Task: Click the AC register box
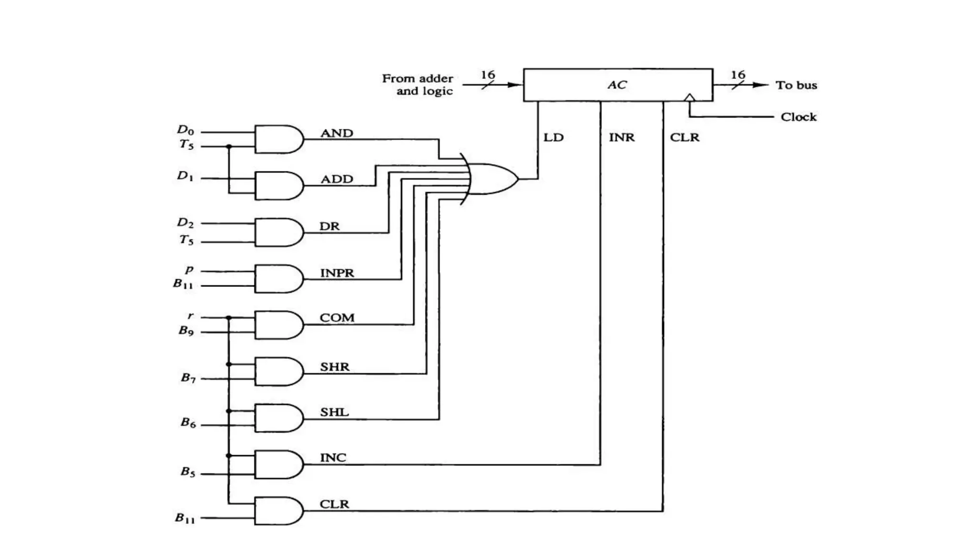(618, 85)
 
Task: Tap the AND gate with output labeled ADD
(278, 186)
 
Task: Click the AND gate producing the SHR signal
(278, 372)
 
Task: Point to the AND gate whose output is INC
(278, 465)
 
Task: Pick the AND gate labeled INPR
(278, 279)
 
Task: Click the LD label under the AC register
(553, 137)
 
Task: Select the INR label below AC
(622, 137)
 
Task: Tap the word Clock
(798, 117)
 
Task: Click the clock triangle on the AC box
(689, 98)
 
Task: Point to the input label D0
(186, 130)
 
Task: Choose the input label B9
(186, 330)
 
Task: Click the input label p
(189, 270)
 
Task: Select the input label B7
(188, 378)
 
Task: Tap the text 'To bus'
(796, 85)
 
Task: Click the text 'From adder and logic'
(418, 85)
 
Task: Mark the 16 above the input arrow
(488, 75)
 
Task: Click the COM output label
(337, 318)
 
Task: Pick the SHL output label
(334, 412)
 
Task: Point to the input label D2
(186, 222)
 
